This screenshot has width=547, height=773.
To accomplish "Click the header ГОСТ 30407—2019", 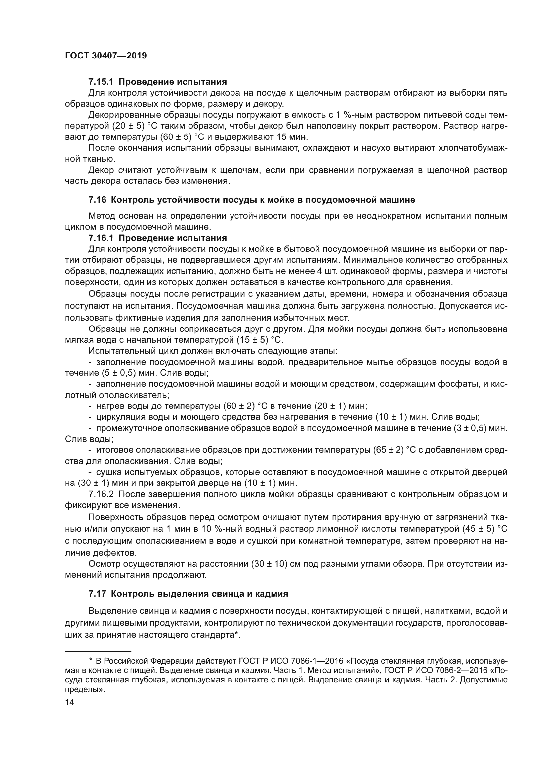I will pos(106,56).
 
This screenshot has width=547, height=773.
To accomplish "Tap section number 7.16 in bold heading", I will pos(97,200).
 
